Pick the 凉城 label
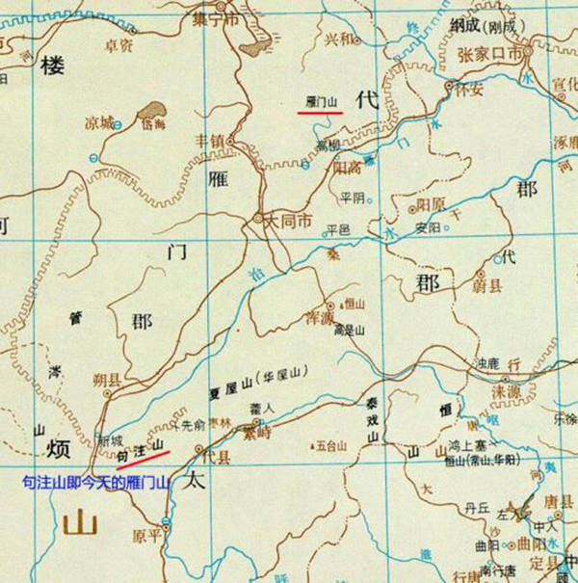tap(99, 123)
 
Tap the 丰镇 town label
tap(210, 141)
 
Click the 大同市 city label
tap(288, 221)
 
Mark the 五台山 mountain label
tap(328, 445)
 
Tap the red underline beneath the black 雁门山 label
tap(320, 112)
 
